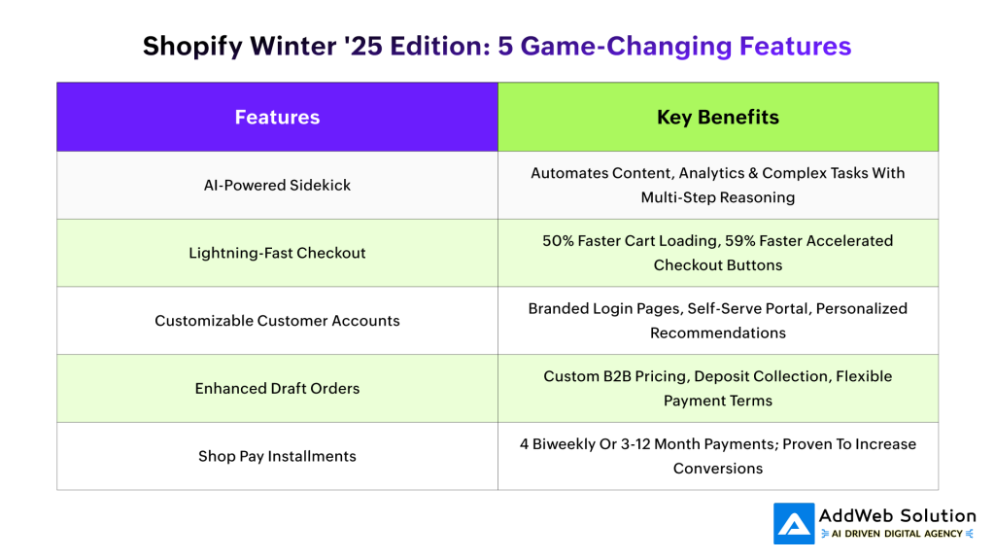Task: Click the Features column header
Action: point(277,118)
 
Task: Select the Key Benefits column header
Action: point(718,118)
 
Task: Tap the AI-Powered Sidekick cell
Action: point(277,185)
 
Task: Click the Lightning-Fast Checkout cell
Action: point(277,253)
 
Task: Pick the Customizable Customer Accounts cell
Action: point(277,320)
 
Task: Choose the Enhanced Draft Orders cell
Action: point(277,388)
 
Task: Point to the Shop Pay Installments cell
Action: point(277,456)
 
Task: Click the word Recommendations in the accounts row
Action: point(718,332)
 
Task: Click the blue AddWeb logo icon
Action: point(794,524)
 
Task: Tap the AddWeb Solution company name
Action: point(897,516)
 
